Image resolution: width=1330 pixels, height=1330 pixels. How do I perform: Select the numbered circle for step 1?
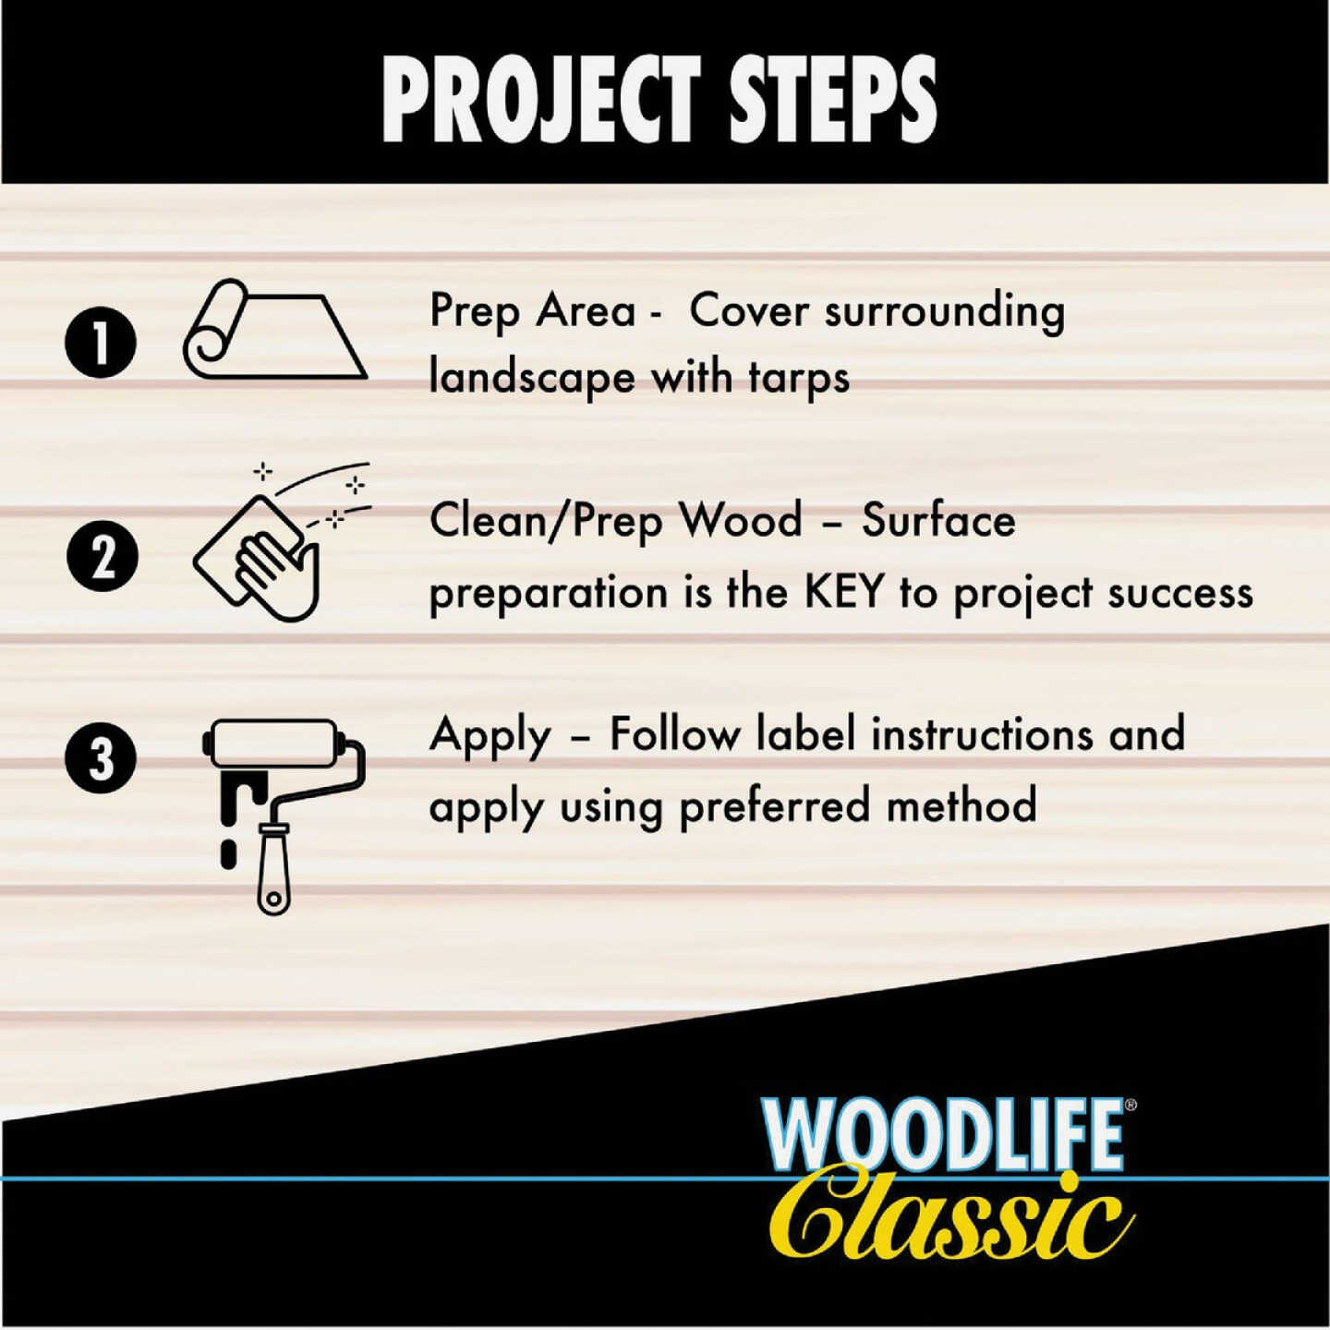click(x=101, y=342)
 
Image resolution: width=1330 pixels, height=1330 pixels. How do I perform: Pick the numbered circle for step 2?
click(x=103, y=556)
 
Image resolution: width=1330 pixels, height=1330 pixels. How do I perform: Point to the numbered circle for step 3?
click(x=102, y=759)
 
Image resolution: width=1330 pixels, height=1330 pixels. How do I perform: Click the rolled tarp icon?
click(x=274, y=331)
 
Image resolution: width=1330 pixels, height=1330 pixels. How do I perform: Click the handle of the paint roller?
click(x=273, y=868)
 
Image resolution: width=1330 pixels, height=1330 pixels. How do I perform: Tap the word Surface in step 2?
click(x=938, y=521)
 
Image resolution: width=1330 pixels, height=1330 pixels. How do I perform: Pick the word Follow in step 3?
click(x=675, y=735)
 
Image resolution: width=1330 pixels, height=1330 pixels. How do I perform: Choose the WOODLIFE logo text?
click(x=942, y=1134)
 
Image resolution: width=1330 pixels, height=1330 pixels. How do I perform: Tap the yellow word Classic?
click(x=951, y=1217)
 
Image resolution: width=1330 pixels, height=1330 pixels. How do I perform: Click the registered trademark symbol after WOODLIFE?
click(x=1131, y=1104)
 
